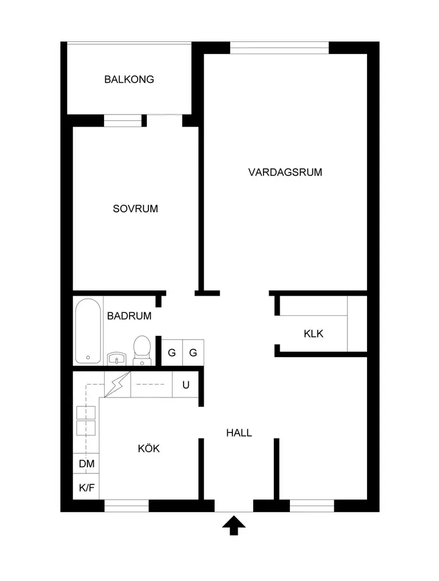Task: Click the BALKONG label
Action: [129, 79]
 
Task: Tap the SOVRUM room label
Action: [135, 209]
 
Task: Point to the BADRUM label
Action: [129, 315]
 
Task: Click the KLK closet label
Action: [314, 333]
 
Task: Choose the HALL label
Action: [239, 433]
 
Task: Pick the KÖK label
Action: [148, 448]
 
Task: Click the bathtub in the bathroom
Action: [88, 331]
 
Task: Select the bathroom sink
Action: [117, 358]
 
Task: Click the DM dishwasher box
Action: [86, 464]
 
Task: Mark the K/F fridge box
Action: [86, 488]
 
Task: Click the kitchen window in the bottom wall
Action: [127, 506]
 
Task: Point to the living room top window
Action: [279, 47]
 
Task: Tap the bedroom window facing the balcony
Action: [123, 120]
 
